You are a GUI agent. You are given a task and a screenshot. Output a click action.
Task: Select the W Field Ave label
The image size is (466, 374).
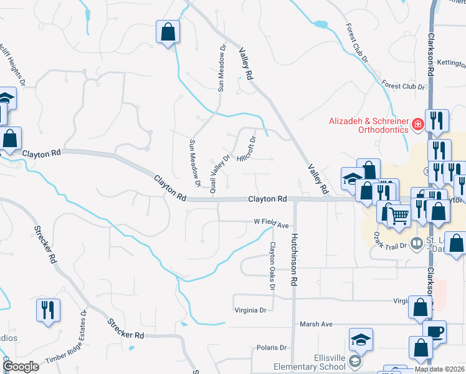point(272,223)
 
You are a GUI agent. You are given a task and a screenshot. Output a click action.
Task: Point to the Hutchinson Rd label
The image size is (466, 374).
point(293,259)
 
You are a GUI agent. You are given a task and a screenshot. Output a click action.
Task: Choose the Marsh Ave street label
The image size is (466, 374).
point(316,324)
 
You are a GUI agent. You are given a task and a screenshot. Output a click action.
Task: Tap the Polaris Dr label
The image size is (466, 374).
point(270,348)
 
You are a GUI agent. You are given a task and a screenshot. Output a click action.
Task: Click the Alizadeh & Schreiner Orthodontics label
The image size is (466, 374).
point(369,126)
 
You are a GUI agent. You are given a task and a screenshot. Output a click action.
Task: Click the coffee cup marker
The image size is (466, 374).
point(434,331)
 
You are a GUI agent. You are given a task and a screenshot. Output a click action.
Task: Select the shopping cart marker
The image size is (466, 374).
point(399,216)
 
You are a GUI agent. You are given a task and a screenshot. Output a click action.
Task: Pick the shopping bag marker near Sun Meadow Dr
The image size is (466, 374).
point(168,32)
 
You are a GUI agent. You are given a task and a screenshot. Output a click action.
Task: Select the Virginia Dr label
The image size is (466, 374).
point(250,310)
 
